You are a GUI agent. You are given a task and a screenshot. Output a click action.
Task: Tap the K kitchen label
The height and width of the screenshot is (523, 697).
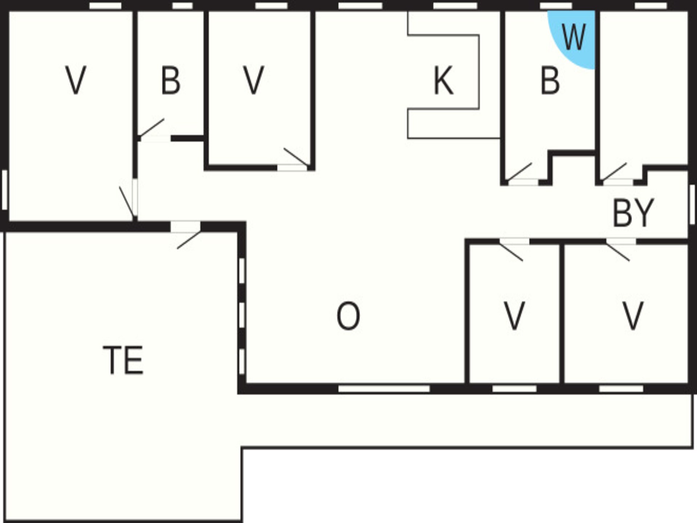click(443, 81)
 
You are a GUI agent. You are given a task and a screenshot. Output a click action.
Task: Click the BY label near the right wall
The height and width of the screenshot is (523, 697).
click(633, 213)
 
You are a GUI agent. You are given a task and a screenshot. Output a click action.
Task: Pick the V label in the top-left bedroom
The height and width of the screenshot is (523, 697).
click(76, 81)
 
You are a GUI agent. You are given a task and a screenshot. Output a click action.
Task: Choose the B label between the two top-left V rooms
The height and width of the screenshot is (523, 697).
click(170, 81)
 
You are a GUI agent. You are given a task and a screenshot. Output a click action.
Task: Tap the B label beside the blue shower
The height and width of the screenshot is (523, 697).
click(550, 81)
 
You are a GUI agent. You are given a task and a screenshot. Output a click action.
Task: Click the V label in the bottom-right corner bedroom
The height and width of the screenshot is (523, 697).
click(633, 316)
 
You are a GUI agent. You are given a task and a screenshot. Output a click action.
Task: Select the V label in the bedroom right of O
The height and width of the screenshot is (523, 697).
click(514, 316)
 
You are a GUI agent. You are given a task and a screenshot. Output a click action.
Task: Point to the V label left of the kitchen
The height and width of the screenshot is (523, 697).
click(253, 81)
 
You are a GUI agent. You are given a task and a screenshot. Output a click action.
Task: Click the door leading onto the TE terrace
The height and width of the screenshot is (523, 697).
click(186, 235)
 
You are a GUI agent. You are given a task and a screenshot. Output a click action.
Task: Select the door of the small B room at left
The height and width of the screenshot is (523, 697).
click(152, 131)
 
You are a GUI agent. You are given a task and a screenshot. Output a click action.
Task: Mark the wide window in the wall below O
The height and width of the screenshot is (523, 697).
click(384, 389)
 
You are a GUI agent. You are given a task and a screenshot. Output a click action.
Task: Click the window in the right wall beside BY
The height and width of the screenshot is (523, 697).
click(692, 204)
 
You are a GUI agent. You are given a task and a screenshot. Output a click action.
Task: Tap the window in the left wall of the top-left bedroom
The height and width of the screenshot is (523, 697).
click(5, 190)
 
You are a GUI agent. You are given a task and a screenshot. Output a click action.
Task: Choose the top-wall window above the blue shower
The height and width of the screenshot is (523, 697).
click(556, 6)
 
